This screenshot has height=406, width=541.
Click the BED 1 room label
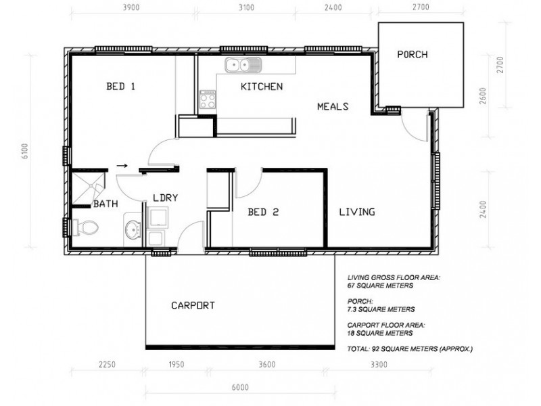pos(121,87)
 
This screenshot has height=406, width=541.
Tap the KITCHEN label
pos(262,87)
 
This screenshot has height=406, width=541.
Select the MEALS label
pos(333,106)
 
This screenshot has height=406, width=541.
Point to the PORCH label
pos(413,55)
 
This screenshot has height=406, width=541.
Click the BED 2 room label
pos(264,212)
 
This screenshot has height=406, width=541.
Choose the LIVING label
pos(357,212)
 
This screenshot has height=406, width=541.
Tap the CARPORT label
pos(192,305)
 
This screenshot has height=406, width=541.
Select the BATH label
pos(105,203)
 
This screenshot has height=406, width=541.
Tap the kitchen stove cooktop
pos(206,99)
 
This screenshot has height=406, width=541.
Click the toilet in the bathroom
pos(85,228)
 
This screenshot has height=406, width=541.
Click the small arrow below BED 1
pos(122,164)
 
